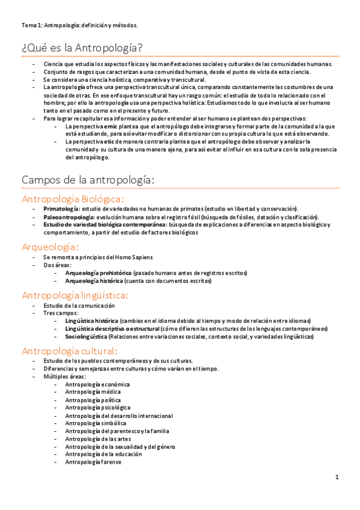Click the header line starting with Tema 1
[x=79, y=25]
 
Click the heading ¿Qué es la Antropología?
[x=82, y=48]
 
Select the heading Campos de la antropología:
[x=88, y=180]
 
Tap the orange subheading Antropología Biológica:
[x=73, y=198]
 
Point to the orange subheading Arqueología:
[x=50, y=247]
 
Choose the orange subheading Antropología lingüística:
[x=75, y=295]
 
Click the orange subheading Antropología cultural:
[x=70, y=351]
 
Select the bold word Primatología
[x=61, y=209]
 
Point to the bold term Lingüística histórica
[x=91, y=321]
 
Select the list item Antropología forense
[x=93, y=462]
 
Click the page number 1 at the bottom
[x=337, y=478]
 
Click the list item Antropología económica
[x=97, y=384]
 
